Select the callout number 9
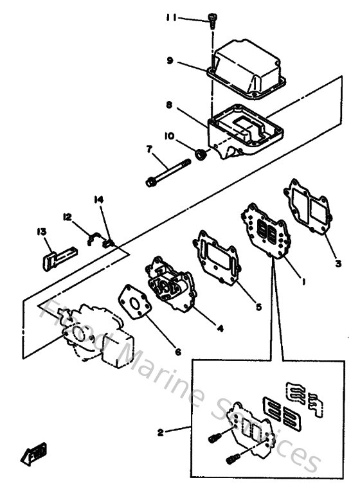pos(170,62)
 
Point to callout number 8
pos(168,103)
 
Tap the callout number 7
pos(148,149)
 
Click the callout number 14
pos(98,200)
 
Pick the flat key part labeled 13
pos(51,257)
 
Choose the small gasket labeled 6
pos(134,307)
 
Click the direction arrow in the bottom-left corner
pos(32,454)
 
